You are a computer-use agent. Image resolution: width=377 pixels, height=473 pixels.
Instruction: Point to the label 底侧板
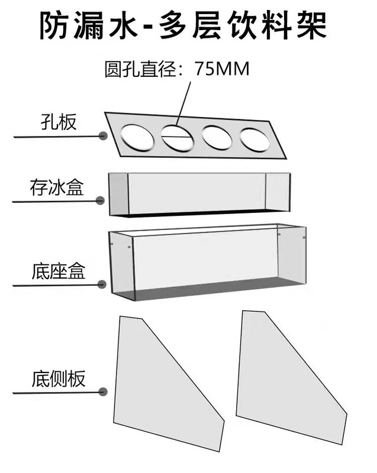tap(58, 379)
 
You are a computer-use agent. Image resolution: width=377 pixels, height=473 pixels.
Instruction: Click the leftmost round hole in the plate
tap(136, 137)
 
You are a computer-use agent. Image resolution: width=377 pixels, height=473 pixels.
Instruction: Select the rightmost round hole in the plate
tap(254, 139)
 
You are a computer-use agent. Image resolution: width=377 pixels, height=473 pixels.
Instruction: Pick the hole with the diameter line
tap(177, 137)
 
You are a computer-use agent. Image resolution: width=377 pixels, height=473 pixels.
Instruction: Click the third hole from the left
tap(217, 137)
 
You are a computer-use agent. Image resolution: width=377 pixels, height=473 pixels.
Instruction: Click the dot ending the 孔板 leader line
tap(103, 136)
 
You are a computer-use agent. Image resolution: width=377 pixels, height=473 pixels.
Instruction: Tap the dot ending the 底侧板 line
tap(103, 391)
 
